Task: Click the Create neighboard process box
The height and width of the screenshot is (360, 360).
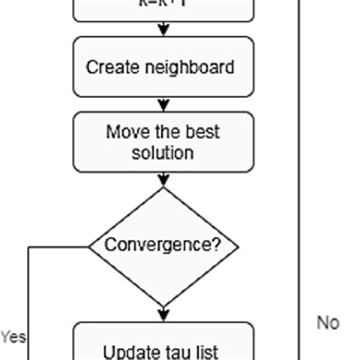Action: click(163, 67)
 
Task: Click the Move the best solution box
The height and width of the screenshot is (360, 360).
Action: click(163, 142)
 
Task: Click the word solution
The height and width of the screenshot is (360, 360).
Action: click(163, 153)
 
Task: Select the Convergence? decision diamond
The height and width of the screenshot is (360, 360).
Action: click(163, 245)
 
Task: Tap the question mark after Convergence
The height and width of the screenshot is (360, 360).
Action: click(218, 245)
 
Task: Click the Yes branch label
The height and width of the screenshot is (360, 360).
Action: click(13, 336)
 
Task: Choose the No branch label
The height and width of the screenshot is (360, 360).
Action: click(328, 323)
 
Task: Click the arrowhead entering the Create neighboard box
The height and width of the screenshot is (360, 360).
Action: click(163, 31)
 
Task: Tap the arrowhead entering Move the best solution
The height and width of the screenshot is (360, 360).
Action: click(163, 106)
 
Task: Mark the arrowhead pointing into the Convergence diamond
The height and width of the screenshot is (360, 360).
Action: click(163, 182)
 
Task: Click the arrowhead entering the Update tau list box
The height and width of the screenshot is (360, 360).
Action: click(163, 316)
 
